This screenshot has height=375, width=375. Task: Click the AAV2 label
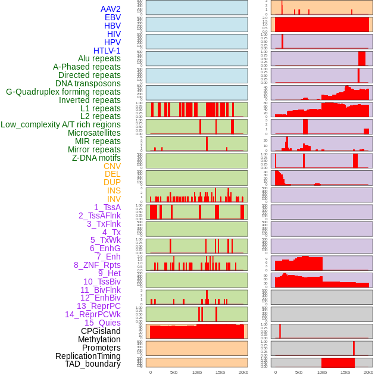click(x=111, y=9)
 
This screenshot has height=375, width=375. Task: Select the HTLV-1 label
click(x=107, y=51)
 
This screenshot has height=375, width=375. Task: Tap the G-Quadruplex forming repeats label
click(x=63, y=92)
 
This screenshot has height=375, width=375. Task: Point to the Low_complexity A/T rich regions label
click(x=61, y=124)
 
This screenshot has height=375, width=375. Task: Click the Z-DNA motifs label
click(x=96, y=158)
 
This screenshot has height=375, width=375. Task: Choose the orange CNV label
click(x=112, y=166)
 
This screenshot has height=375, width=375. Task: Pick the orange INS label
click(x=114, y=190)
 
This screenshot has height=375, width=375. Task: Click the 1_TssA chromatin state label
click(x=107, y=207)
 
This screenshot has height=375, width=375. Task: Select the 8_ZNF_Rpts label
click(x=97, y=265)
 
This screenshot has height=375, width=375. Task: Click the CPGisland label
click(x=101, y=331)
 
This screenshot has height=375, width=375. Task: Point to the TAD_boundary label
click(x=93, y=364)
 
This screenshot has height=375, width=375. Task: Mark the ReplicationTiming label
click(x=88, y=356)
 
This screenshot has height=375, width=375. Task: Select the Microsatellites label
click(x=94, y=133)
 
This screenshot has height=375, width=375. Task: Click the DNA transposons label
click(x=88, y=83)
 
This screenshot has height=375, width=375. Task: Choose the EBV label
click(x=112, y=17)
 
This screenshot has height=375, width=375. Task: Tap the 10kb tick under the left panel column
click(x=197, y=372)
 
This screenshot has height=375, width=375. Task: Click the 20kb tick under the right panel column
click(x=368, y=372)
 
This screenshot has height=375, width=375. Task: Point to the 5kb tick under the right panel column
click(x=298, y=372)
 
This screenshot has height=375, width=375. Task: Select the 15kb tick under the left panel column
click(x=220, y=372)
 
